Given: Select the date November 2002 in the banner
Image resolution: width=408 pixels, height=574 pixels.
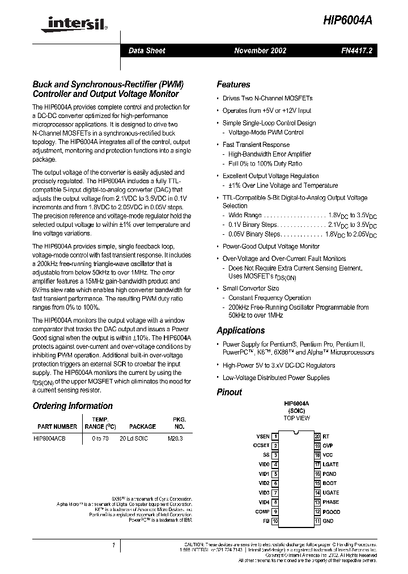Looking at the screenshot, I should [260, 50].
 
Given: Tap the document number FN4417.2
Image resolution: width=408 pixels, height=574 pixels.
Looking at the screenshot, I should [356, 50].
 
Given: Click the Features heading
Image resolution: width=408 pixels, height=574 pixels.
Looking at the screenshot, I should [233, 85].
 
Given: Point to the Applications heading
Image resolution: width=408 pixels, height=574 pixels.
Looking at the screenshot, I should [240, 331].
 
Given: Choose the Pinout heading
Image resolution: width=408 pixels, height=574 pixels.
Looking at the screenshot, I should [229, 392].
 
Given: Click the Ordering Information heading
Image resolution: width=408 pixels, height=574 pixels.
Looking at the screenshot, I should [72, 406].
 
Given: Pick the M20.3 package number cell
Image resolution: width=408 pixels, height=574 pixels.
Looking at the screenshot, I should [176, 438].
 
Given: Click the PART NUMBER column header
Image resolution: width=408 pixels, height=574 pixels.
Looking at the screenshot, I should [57, 427].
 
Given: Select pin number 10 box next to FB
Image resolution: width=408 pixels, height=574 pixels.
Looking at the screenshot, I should [275, 521].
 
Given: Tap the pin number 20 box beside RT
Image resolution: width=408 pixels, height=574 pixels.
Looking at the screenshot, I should [317, 437].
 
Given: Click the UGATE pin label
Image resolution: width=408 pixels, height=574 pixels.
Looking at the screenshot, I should [330, 493].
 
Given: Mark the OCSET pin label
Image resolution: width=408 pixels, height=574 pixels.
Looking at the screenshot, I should [261, 446].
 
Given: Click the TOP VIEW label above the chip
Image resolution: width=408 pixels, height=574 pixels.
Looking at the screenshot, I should [296, 418].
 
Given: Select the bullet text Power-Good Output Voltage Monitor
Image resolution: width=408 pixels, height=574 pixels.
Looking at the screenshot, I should [271, 247].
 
